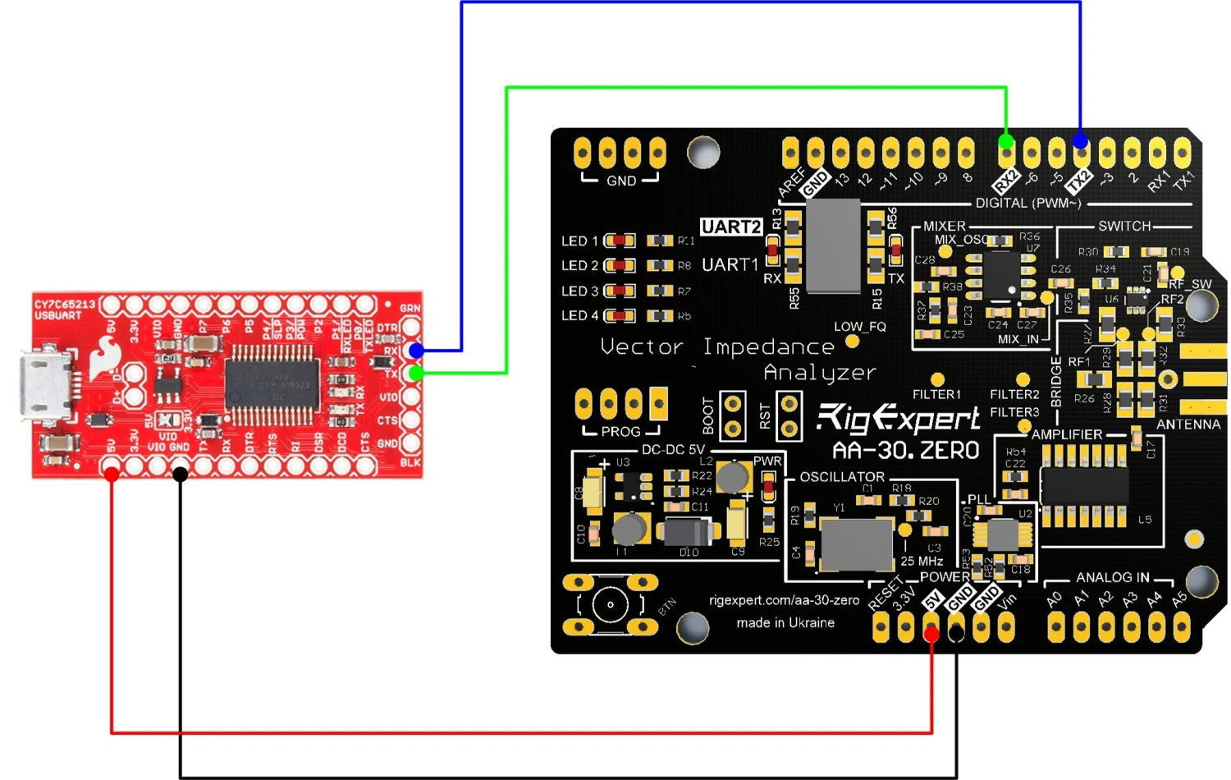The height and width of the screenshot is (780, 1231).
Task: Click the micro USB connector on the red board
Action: coord(45,387)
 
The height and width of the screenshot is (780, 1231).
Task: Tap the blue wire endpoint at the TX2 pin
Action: coord(1081,143)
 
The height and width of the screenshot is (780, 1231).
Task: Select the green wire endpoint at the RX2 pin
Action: coord(1006,141)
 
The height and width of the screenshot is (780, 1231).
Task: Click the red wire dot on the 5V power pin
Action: coord(931,633)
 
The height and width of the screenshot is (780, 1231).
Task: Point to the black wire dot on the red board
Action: coord(181,474)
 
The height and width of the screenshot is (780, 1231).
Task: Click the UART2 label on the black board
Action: coord(730,227)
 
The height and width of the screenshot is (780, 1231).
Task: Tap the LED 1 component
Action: coord(620,241)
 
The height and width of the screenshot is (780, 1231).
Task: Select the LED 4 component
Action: coord(620,315)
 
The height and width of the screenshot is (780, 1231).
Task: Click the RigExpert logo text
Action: coord(898,419)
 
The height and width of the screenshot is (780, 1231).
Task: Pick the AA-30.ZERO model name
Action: coord(905,450)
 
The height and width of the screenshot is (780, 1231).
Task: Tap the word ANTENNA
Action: coord(1188,424)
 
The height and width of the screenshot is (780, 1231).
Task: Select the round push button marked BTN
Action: coord(610,605)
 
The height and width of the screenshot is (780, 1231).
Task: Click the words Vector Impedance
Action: coord(716,347)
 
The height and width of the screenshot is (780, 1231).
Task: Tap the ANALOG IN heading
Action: coord(1112,577)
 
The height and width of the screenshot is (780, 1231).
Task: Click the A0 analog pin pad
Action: coord(1056,628)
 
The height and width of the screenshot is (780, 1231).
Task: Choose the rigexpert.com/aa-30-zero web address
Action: coord(784,600)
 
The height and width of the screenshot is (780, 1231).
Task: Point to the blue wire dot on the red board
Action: coord(417,351)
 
